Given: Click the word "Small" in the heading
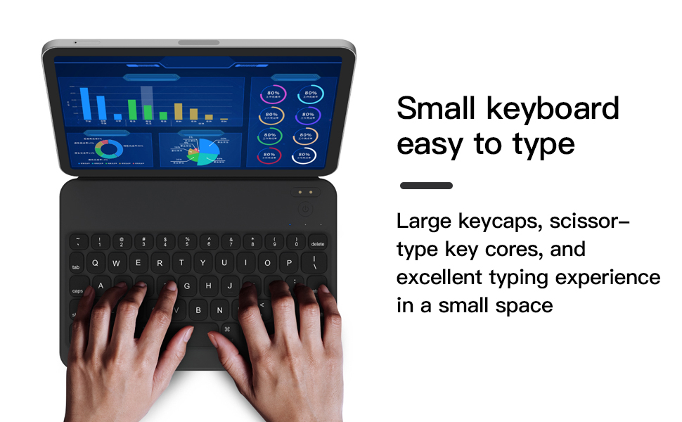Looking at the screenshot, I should tap(435, 109).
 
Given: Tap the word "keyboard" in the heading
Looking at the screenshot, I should tap(553, 109).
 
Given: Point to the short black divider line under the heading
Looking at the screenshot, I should tap(426, 186).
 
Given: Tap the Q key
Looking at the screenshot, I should tap(95, 264).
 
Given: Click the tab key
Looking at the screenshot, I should tap(77, 267).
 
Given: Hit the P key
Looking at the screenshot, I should tap(289, 264).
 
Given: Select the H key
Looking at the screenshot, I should tap(208, 286).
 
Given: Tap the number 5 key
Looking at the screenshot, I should tap(187, 242).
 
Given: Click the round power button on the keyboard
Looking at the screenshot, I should tap(304, 209).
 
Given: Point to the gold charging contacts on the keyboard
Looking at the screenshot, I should tap(304, 192).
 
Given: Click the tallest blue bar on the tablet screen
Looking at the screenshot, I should tap(85, 103).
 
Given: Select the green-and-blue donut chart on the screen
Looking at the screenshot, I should tap(108, 149).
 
